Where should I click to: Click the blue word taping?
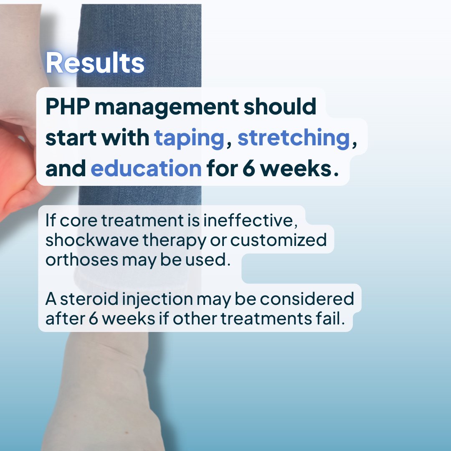click(x=190, y=139)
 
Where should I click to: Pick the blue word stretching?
click(x=293, y=139)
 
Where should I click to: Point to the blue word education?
click(x=146, y=168)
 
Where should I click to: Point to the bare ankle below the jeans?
click(x=109, y=376)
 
